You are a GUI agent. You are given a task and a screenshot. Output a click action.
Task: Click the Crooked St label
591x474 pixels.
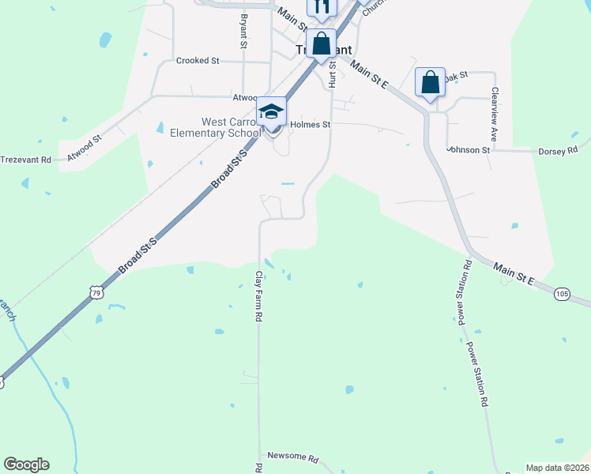[198, 61]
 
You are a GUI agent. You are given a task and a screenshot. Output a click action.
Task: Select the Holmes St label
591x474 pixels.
[310, 124]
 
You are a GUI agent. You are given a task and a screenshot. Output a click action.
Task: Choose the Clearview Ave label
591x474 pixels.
[495, 115]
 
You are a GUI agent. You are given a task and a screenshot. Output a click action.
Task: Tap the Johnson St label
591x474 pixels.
[469, 149]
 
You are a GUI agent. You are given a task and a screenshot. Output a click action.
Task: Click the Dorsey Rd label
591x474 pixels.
[558, 150]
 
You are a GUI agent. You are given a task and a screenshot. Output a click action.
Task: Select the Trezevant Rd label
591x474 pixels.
[25, 160]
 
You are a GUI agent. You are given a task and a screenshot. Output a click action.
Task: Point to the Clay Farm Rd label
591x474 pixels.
[258, 296]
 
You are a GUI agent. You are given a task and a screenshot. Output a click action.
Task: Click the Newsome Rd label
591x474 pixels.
[292, 457]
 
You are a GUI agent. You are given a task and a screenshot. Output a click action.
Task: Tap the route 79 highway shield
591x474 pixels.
[96, 292]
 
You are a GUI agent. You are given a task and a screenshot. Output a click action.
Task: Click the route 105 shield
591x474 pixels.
[562, 294]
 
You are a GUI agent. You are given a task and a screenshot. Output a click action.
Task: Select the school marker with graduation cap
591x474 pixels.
[271, 111]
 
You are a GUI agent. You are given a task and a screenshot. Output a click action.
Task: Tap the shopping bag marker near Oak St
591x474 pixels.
[430, 82]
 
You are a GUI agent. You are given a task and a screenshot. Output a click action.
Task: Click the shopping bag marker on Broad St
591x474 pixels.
[321, 43]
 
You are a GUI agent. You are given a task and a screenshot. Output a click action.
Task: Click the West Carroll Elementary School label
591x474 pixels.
[216, 127]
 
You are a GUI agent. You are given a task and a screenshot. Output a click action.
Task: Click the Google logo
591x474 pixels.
[26, 465]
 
